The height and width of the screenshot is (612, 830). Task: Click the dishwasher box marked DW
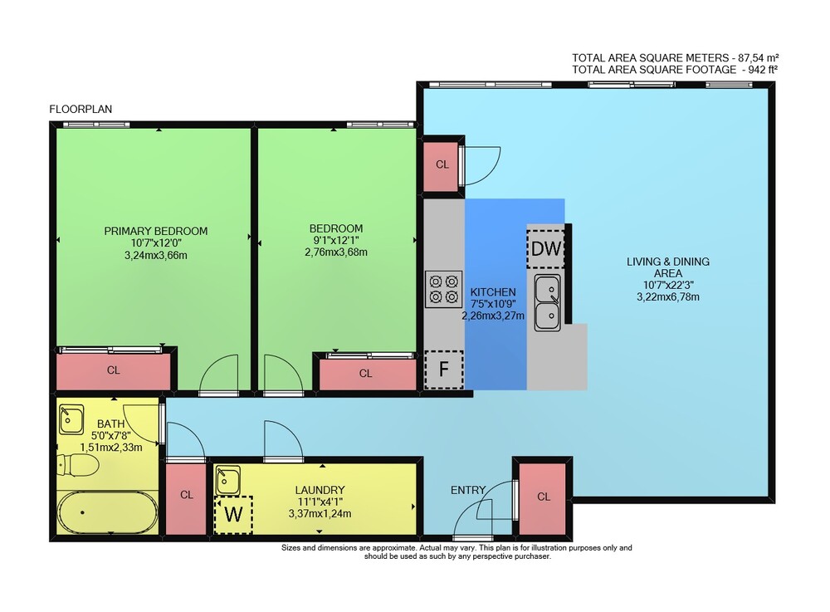click(545, 249)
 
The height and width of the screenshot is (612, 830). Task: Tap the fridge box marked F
click(443, 370)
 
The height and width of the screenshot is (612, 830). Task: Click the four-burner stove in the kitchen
click(443, 289)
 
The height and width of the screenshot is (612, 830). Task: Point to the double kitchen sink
click(547, 303)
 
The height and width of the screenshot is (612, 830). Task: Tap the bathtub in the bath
click(107, 512)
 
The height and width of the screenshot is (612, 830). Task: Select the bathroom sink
click(71, 419)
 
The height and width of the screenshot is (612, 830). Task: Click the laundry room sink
click(227, 480)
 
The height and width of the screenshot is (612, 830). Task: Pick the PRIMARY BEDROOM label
click(156, 231)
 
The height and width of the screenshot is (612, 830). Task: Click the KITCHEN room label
click(493, 291)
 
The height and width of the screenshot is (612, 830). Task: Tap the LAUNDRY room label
click(320, 490)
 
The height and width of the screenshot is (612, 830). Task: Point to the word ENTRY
click(468, 490)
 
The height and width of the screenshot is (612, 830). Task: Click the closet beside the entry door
click(544, 498)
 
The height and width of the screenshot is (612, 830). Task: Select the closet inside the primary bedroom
click(113, 371)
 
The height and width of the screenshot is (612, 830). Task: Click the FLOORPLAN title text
click(81, 109)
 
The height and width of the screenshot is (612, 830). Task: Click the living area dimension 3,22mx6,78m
click(667, 297)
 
